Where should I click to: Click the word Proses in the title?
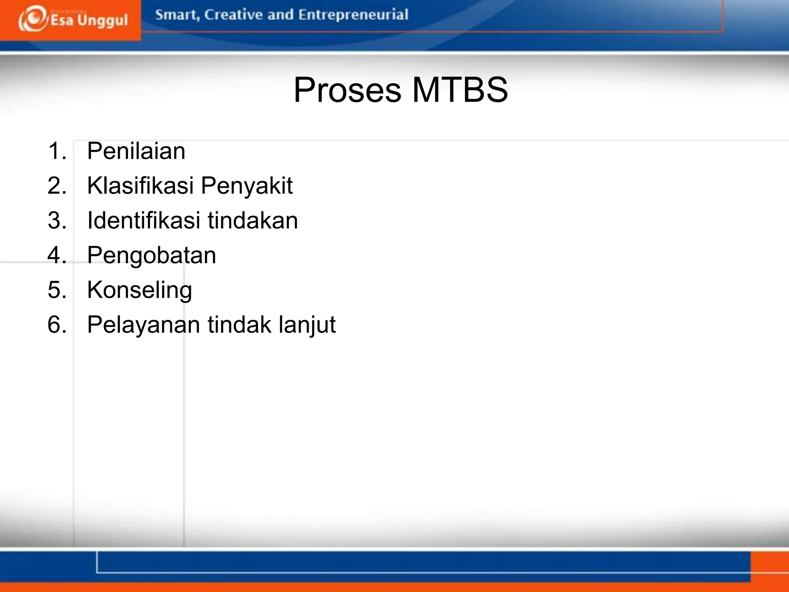tap(347, 90)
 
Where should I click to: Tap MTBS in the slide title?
tap(460, 90)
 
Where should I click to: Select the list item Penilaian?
tap(136, 151)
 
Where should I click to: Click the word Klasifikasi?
tap(140, 185)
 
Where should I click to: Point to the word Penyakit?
tap(247, 185)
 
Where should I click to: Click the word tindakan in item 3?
tap(253, 220)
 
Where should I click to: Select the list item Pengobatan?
tap(151, 255)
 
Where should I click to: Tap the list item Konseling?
tap(139, 290)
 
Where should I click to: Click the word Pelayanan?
tap(144, 325)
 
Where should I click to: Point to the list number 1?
tap(57, 151)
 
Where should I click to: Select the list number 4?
tap(57, 255)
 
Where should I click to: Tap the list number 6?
tap(57, 325)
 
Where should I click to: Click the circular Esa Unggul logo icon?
tap(32, 18)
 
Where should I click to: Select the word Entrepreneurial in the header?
tap(353, 15)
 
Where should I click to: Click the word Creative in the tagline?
tap(233, 15)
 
